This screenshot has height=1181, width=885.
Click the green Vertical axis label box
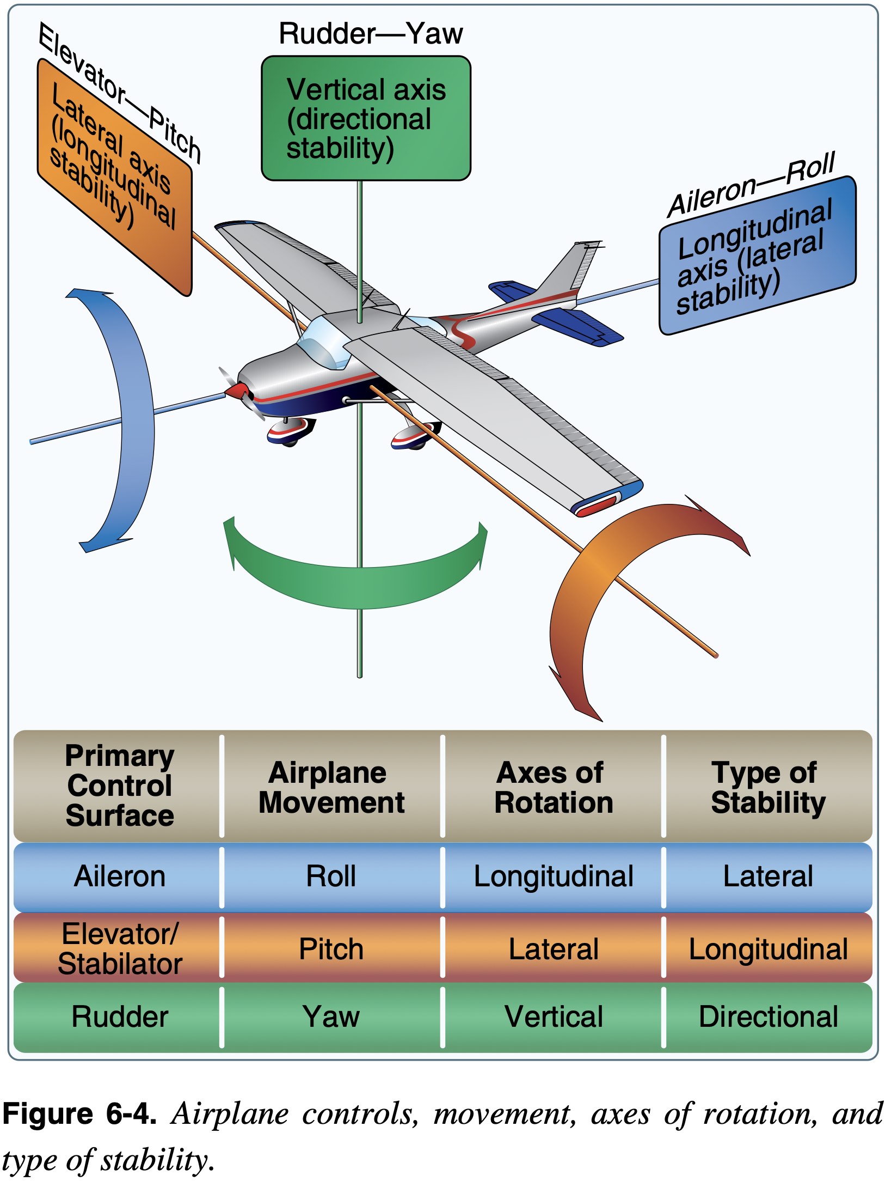coord(366,118)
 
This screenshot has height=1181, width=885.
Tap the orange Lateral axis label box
coord(114,177)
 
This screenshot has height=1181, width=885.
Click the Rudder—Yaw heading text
coord(370,34)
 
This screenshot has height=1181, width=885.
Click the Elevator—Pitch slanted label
coord(120,93)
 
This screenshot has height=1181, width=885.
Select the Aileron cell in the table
coord(119,876)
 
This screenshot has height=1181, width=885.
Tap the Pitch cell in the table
coord(331,948)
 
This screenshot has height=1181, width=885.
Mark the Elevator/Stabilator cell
coord(119,948)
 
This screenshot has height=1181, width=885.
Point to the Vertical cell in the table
coord(553,1016)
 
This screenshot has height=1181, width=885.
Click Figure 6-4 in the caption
coord(79,1113)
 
